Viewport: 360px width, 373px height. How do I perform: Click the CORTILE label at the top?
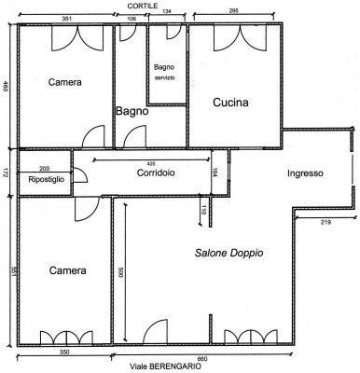click(143, 5)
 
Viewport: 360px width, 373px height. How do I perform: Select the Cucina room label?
click(230, 103)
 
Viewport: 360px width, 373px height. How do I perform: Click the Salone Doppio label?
click(228, 253)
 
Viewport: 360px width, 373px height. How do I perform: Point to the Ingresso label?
click(305, 173)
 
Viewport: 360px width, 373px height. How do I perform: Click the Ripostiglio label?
click(46, 178)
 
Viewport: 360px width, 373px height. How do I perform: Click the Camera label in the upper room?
click(64, 82)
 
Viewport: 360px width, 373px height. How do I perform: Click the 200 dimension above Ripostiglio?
click(44, 168)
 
